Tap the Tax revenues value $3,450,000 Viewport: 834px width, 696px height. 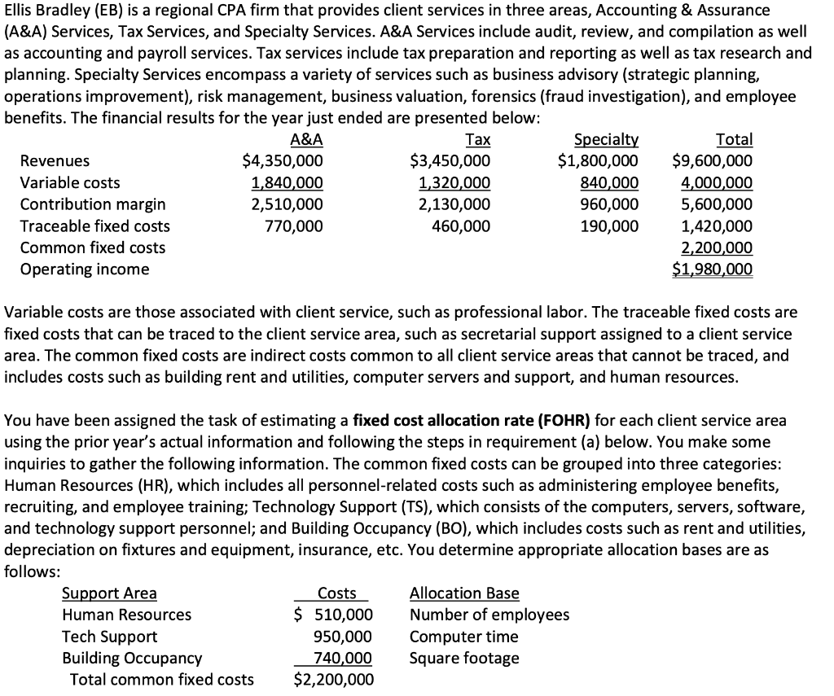point(450,161)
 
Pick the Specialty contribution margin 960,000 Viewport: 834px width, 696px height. point(612,204)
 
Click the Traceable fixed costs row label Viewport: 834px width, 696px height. point(94,226)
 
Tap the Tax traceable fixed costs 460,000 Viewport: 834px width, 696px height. point(462,226)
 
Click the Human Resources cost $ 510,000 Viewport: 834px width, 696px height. point(333,615)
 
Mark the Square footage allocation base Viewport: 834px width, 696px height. point(463,658)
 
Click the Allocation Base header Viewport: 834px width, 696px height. point(463,593)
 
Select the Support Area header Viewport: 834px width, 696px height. point(109,593)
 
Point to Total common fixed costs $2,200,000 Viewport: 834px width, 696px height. point(333,680)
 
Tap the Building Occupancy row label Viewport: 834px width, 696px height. point(132,658)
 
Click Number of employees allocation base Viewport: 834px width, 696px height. point(489,615)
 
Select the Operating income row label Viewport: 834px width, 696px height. point(85,269)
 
